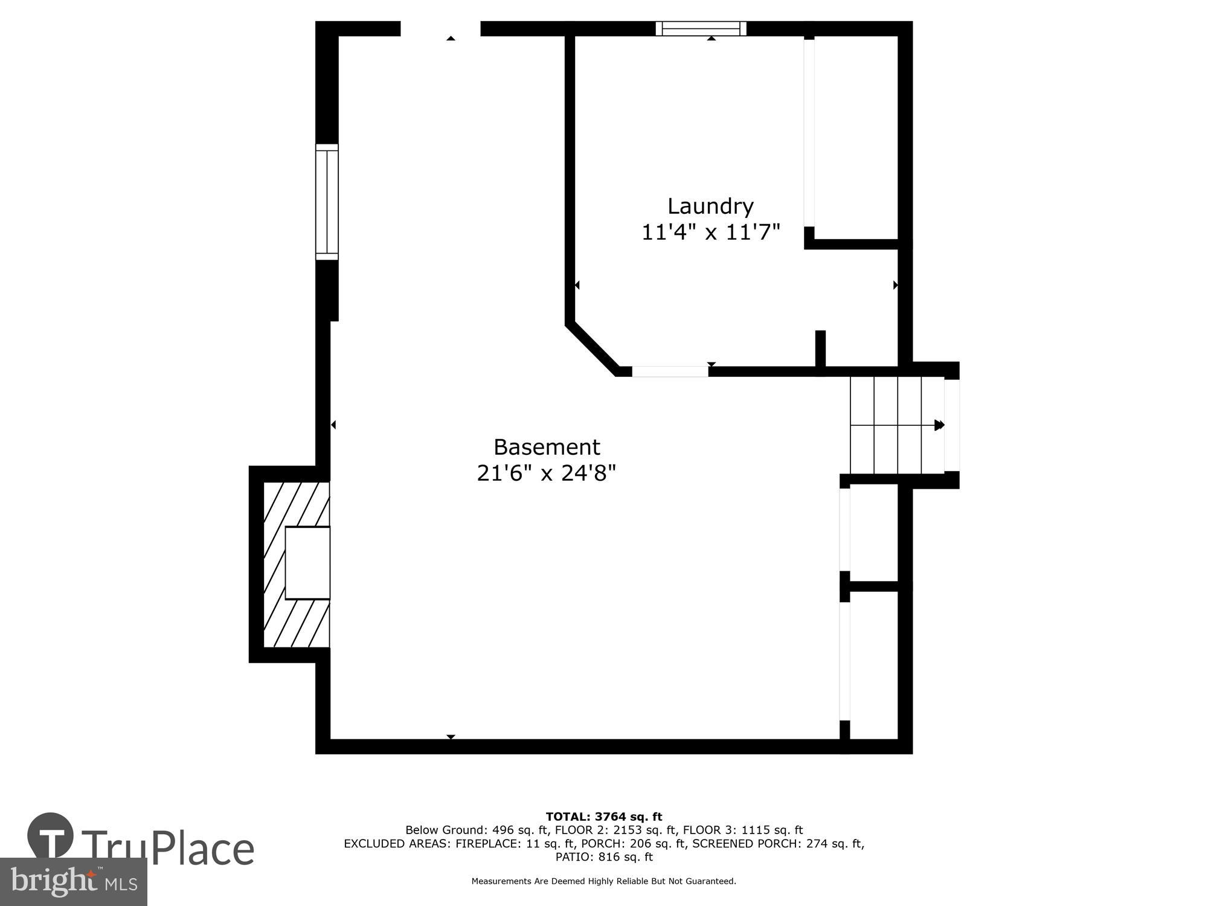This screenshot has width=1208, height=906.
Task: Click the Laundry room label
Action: tap(710, 207)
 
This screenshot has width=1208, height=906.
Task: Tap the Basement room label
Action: tap(547, 448)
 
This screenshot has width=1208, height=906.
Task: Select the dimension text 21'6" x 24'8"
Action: tap(546, 473)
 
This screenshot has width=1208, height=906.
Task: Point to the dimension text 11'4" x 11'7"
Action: tap(710, 233)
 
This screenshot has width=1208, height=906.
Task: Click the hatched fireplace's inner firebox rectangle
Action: tap(307, 562)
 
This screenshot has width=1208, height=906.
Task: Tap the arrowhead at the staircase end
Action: tap(939, 425)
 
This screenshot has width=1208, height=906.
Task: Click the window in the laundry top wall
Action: tap(701, 28)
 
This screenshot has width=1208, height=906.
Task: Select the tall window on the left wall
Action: tap(327, 202)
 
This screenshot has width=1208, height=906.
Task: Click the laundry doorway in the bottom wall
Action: tap(670, 371)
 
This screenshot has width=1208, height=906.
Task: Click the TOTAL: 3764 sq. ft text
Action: tap(604, 817)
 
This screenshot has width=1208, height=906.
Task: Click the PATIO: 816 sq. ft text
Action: tap(604, 857)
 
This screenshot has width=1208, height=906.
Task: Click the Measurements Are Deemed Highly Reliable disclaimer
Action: tap(604, 881)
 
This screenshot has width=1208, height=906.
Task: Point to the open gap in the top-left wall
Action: tap(440, 28)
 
